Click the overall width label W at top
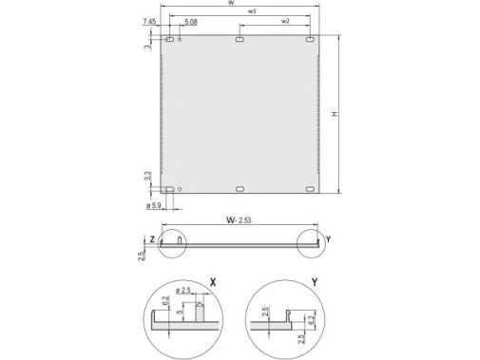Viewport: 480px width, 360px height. click(232, 5)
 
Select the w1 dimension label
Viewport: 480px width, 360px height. click(249, 11)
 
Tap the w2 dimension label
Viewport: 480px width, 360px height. click(284, 21)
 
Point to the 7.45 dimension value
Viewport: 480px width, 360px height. click(149, 21)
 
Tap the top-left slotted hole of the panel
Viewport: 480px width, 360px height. click(169, 41)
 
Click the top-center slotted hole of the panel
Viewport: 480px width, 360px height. click(240, 41)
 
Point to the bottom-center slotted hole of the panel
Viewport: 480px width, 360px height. click(240, 190)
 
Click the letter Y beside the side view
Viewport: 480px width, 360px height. click(327, 240)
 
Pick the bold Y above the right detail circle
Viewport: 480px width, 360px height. click(314, 283)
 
